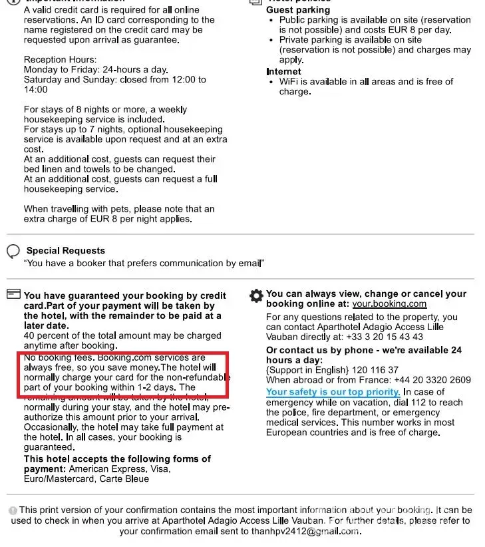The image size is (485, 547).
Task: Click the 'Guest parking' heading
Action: tap(297, 10)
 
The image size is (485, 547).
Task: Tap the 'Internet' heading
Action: tap(283, 71)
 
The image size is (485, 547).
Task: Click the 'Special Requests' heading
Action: tap(65, 250)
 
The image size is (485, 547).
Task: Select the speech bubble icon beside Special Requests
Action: tap(13, 251)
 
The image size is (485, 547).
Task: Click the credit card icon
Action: tap(13, 294)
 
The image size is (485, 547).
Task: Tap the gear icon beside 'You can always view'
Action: tap(256, 295)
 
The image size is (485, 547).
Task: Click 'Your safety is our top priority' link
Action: tap(333, 392)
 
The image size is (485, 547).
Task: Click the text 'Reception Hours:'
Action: tap(60, 60)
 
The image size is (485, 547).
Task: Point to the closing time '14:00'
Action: tap(36, 89)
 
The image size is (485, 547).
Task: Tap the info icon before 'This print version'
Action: tap(13, 510)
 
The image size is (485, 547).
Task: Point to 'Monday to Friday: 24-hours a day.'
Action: tap(96, 69)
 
